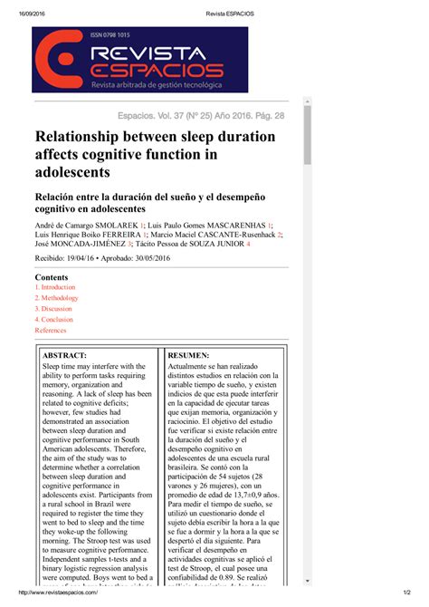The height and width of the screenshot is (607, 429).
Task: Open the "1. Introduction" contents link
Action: [x=55, y=287]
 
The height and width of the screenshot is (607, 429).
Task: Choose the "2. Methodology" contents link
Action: [x=57, y=298]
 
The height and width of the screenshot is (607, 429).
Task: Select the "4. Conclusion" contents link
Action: [x=54, y=320]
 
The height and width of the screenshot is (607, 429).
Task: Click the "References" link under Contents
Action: [x=51, y=331]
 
